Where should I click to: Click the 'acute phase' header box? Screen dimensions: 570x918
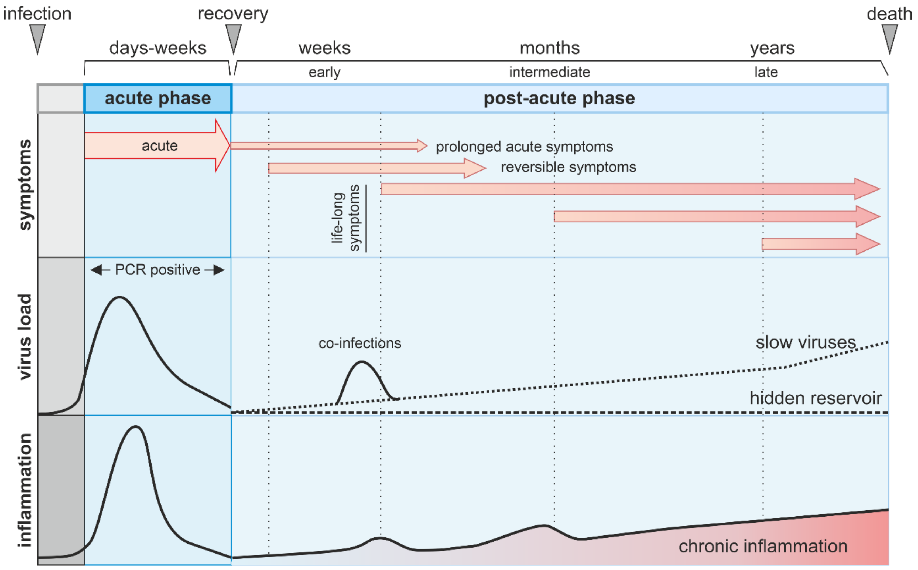[x=158, y=99]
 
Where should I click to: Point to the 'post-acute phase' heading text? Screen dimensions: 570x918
[x=559, y=99]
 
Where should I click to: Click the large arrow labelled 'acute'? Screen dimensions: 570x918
[x=158, y=145]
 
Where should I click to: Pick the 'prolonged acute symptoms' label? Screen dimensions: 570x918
[x=524, y=147]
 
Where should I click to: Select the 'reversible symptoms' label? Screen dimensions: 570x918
[x=568, y=167]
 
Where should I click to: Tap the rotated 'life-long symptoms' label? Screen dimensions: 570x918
[x=345, y=218]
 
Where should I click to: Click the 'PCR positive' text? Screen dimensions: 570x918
[x=157, y=270]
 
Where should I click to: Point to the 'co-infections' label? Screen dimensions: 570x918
[x=360, y=343]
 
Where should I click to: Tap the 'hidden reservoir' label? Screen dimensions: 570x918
[x=816, y=398]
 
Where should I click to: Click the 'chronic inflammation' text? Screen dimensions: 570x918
[x=763, y=546]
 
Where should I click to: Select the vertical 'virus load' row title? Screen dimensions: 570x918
[x=25, y=337]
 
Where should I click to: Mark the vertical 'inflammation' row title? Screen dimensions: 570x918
[x=25, y=490]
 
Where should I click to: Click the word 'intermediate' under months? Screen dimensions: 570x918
[x=550, y=72]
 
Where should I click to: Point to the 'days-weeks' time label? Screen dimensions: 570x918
[x=158, y=48]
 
